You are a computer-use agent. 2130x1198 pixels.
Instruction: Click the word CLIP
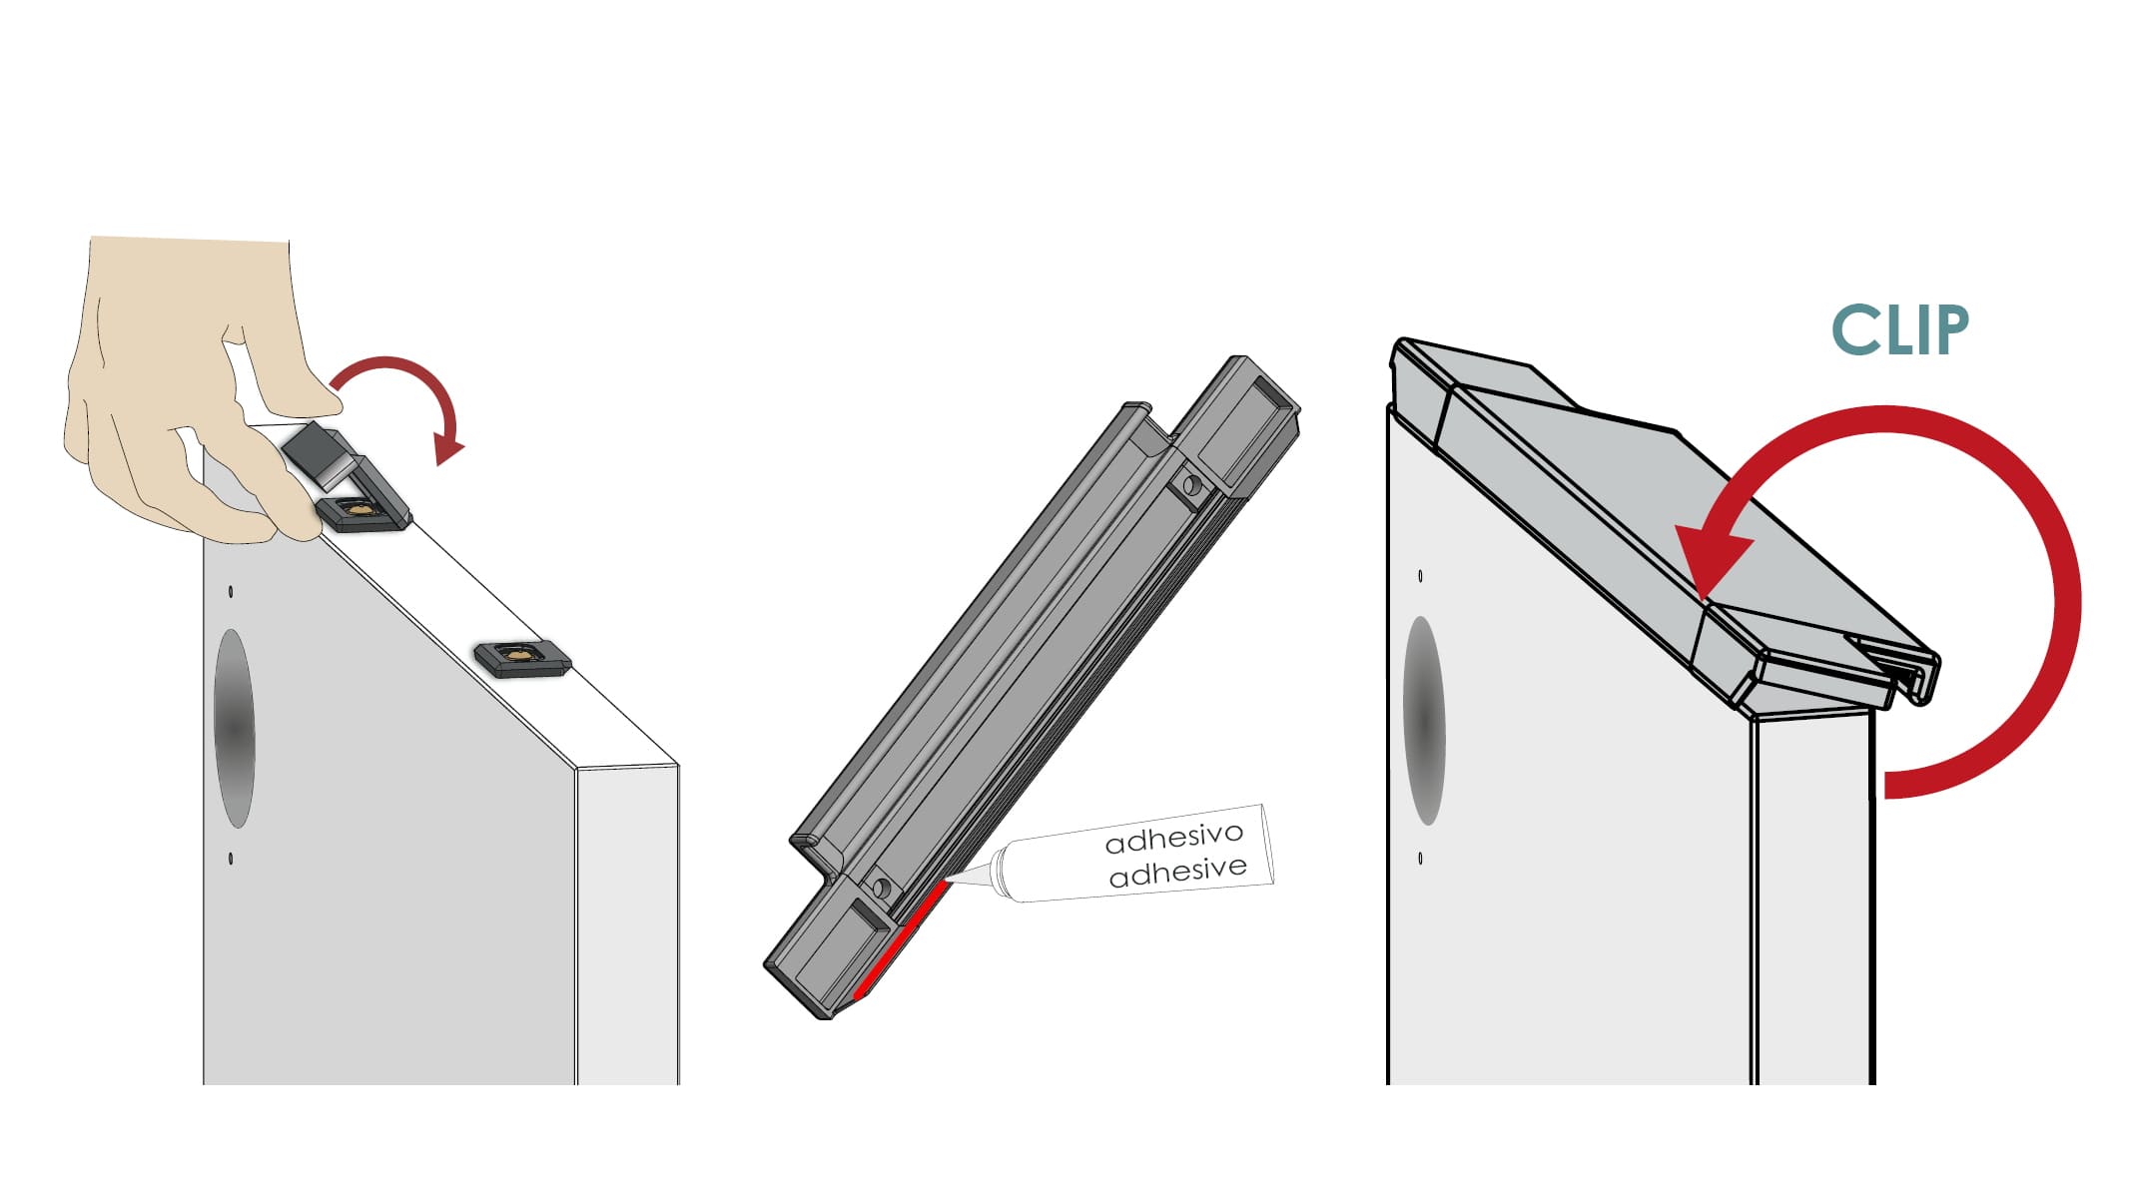click(x=1899, y=329)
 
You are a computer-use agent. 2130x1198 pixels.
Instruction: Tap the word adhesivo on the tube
click(x=1174, y=839)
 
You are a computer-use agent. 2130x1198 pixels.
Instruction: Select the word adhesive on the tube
click(x=1178, y=872)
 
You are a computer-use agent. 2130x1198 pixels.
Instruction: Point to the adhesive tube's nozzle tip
click(x=947, y=880)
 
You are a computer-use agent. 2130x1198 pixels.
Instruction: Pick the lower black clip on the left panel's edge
click(x=522, y=659)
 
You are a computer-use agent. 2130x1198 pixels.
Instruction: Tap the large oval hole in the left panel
click(x=235, y=729)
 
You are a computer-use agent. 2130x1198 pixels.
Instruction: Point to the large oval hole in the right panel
click(x=1425, y=721)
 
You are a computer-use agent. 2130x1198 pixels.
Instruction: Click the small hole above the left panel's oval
click(x=231, y=592)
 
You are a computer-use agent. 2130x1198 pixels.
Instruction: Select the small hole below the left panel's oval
click(x=231, y=859)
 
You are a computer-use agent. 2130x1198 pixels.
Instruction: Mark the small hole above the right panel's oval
click(x=1420, y=576)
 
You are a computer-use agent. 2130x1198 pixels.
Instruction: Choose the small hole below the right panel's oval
click(x=1420, y=859)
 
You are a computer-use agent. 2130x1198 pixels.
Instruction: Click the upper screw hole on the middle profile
click(x=1190, y=486)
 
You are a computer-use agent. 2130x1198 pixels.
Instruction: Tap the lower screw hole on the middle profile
click(x=882, y=887)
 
